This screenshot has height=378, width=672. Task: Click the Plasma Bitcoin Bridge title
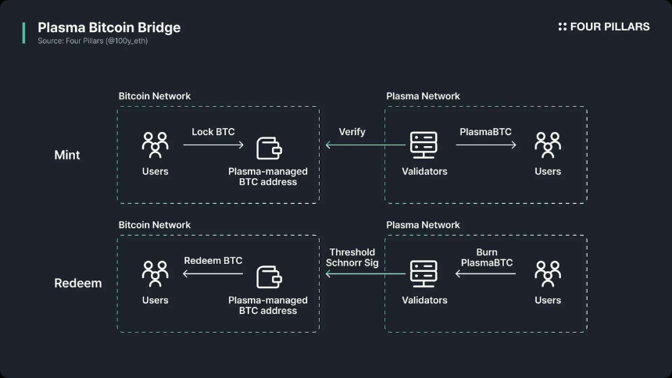109,27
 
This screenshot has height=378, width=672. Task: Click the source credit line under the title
92,41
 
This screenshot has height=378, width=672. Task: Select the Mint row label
67,155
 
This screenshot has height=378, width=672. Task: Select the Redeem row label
77,283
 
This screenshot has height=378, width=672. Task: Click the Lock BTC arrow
213,144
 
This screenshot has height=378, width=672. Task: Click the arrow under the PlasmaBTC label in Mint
485,144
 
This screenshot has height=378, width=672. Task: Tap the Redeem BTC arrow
213,273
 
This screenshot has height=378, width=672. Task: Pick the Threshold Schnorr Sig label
352,258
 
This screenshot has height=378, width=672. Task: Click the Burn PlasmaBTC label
487,258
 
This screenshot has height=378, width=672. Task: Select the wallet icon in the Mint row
268,145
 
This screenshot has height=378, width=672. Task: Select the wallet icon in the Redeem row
268,274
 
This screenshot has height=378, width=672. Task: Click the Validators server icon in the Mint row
424,144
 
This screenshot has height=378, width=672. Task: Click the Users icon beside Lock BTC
155,144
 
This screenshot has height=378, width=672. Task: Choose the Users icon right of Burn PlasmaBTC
548,273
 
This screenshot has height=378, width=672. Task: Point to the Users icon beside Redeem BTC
155,273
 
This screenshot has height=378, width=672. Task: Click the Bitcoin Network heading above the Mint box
155,96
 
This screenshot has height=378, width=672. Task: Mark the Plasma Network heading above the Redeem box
423,225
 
